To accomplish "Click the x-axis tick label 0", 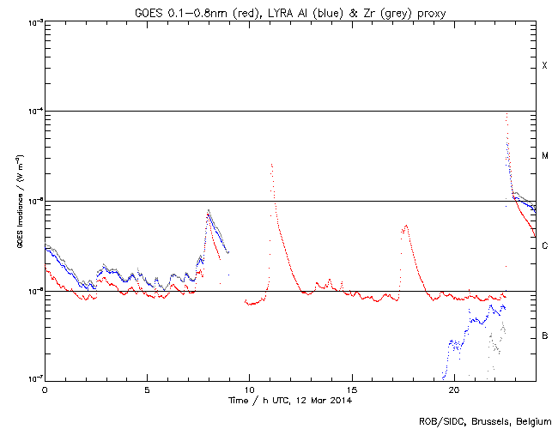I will [45, 388].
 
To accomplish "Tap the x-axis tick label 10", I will [249, 388].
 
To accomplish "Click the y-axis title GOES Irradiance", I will [19, 201].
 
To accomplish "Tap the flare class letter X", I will [544, 66].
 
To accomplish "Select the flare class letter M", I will [544, 156].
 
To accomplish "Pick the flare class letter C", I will [544, 246].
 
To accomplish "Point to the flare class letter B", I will [544, 335].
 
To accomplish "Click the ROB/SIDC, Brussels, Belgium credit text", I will [486, 420].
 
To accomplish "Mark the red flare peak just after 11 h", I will [271, 164].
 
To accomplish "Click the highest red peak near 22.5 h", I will [506, 113].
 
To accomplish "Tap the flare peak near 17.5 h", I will [406, 225].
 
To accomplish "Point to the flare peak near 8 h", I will [208, 210].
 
